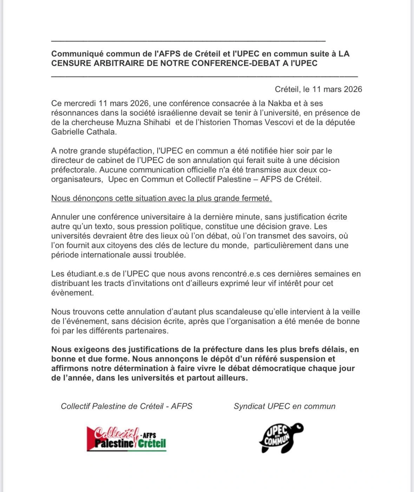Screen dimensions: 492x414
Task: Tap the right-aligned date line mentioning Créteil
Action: coord(318,89)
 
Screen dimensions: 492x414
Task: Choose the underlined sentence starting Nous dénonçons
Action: coord(162,198)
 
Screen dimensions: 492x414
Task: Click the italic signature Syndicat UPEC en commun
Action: coord(284,406)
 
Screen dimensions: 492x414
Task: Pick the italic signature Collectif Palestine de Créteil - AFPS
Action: coord(126,406)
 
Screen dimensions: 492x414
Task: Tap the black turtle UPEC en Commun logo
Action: coord(281,438)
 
